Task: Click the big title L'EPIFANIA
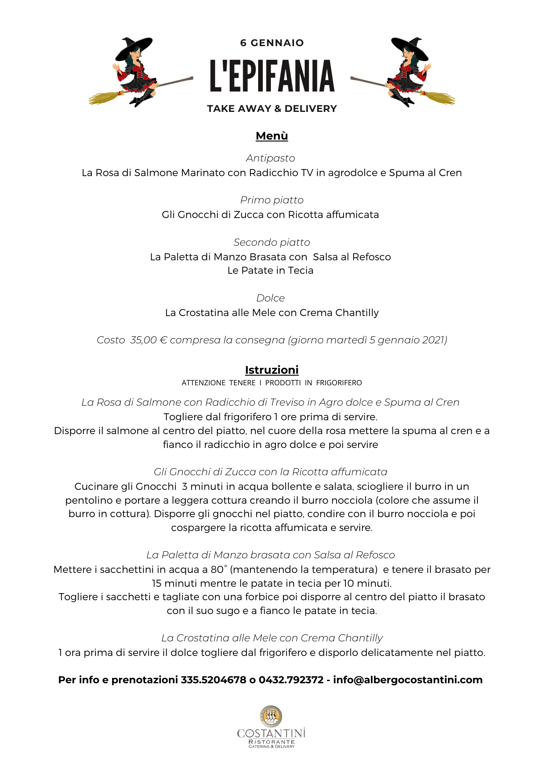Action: point(272,76)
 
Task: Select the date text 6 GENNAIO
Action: point(272,43)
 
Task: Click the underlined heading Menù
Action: point(272,136)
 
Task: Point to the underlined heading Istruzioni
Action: point(272,370)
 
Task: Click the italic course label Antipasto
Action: point(270,158)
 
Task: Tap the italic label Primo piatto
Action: point(272,200)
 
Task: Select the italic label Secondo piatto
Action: point(272,242)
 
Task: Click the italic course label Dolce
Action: point(270,298)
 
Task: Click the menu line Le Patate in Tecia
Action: point(270,271)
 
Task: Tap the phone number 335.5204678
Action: point(214,680)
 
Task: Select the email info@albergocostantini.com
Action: point(408,680)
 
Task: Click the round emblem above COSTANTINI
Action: point(271,716)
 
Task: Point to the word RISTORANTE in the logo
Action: point(272,742)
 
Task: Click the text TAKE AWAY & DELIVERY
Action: point(272,109)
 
